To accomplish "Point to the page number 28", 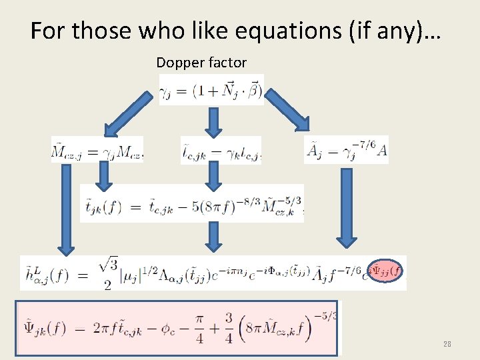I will point(447,344).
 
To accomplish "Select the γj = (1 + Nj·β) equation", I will point(212,89).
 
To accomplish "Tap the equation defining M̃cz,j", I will point(97,150).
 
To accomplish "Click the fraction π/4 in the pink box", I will point(219,330).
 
